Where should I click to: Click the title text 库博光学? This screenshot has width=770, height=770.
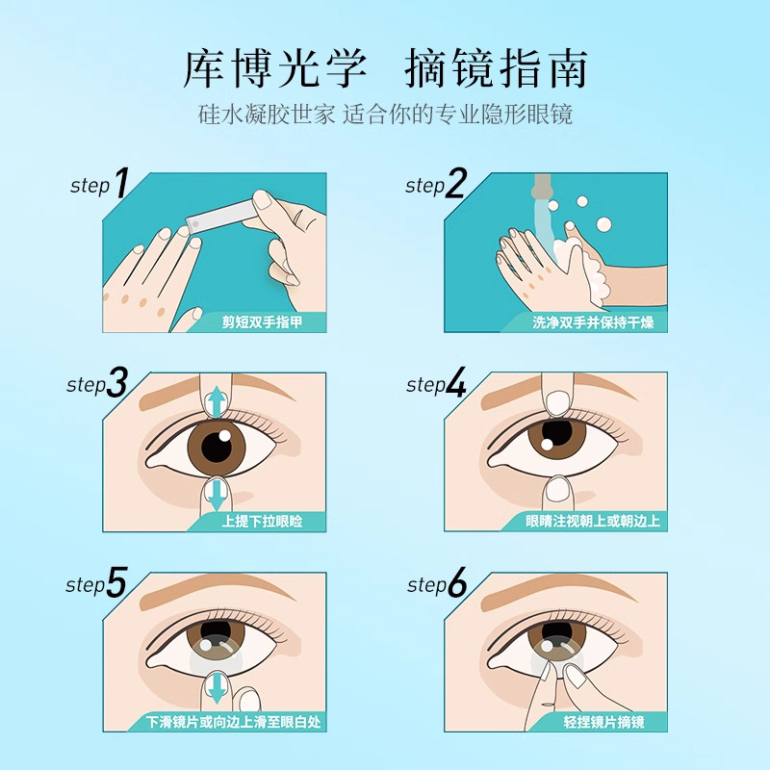tap(274, 68)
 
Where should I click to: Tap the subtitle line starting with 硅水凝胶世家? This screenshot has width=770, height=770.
tap(385, 115)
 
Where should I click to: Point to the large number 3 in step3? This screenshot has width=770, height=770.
tap(117, 384)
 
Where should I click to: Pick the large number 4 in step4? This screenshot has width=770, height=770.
tap(456, 384)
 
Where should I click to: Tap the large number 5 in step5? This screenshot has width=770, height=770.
tap(117, 583)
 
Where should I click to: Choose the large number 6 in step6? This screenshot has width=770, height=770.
tap(456, 583)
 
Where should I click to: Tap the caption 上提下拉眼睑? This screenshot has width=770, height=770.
tap(261, 522)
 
